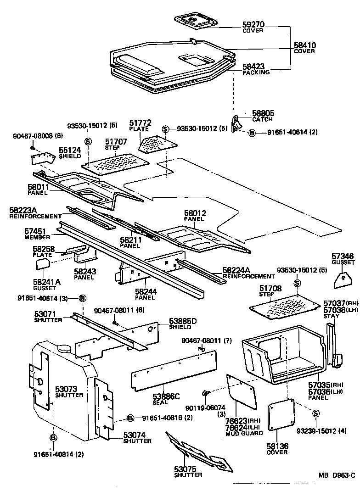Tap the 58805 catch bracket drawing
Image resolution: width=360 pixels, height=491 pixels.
[236, 123]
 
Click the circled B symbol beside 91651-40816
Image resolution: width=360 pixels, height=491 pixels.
[130, 418]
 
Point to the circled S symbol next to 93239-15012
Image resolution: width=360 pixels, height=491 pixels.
[315, 414]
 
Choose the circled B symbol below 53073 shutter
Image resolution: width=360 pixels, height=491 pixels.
[53, 437]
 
